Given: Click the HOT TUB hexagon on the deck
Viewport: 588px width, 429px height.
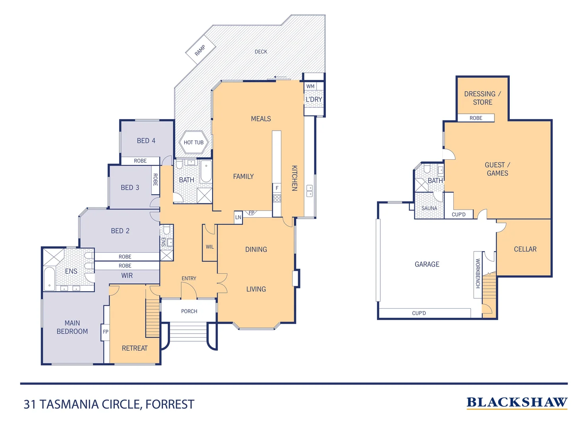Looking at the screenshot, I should [x=193, y=142].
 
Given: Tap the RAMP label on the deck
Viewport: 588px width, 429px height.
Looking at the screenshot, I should [x=200, y=50].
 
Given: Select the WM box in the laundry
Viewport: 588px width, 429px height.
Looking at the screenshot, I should [x=310, y=86].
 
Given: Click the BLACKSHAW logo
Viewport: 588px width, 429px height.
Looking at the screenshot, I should [x=517, y=402].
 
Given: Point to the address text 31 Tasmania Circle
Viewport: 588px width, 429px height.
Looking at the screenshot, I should [x=109, y=404].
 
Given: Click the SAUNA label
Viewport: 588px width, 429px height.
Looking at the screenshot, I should [x=429, y=208].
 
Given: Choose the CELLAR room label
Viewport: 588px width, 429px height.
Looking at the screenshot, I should [x=525, y=249].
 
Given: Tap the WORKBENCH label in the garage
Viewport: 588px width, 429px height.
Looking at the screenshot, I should [x=478, y=274].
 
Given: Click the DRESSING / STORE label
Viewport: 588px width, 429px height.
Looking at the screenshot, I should [x=482, y=98].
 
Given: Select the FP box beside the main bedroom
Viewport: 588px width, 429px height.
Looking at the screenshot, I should [x=105, y=332].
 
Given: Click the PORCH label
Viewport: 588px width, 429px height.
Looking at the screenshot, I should [x=189, y=311].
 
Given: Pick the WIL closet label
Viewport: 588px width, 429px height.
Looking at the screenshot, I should [x=210, y=247].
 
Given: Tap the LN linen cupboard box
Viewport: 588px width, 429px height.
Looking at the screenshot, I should [x=238, y=217].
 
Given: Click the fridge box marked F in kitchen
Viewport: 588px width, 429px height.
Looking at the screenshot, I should [x=277, y=188].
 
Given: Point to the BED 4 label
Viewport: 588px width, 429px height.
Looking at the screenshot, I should [x=146, y=141].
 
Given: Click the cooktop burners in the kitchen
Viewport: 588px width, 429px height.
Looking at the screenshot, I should [x=277, y=198].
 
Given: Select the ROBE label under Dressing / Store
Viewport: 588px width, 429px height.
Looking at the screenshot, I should [x=476, y=118].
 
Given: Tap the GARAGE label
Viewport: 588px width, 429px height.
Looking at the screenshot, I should [x=427, y=264].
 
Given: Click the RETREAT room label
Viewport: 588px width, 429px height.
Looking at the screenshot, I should [x=135, y=348].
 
